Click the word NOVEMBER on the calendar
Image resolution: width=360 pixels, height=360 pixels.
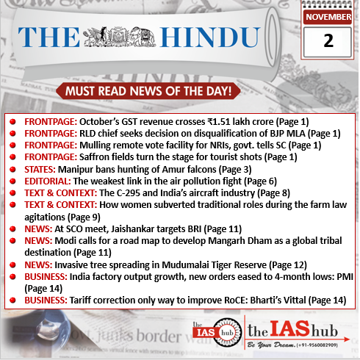(x=327, y=16)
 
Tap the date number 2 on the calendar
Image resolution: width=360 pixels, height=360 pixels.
(x=327, y=43)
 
